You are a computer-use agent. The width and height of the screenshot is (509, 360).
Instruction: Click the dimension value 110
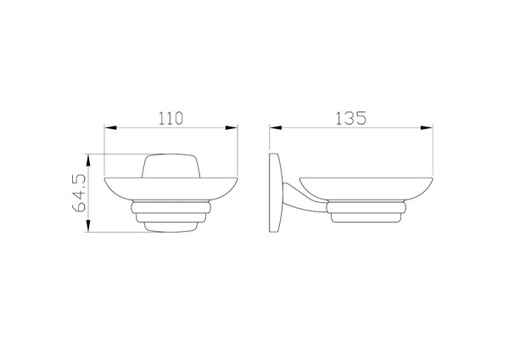click(171, 118)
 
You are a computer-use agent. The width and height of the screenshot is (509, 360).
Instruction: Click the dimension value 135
click(350, 118)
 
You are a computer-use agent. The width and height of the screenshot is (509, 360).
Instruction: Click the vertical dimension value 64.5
click(79, 193)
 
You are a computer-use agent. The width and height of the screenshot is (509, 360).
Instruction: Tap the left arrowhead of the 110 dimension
click(110, 127)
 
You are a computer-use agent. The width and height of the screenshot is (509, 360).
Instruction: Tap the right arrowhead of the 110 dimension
click(232, 127)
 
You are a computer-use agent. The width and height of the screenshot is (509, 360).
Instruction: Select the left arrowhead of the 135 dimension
click(275, 127)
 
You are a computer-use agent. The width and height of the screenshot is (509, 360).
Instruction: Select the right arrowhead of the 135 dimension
click(427, 127)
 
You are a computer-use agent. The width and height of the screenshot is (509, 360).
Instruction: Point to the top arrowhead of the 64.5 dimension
click(88, 160)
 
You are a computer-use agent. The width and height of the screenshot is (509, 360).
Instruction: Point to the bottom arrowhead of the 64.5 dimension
click(88, 226)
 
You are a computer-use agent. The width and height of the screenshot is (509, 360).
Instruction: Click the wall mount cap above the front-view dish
click(171, 166)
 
